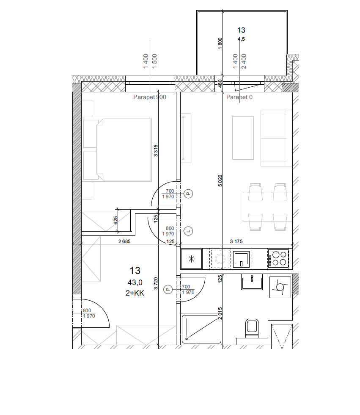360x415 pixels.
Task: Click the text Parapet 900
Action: pyautogui.click(x=150, y=97)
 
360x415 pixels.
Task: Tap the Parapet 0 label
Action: pyautogui.click(x=239, y=97)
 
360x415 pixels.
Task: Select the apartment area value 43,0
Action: pyautogui.click(x=135, y=283)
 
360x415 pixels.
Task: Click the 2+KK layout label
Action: pyautogui.click(x=135, y=293)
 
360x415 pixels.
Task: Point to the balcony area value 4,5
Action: pyautogui.click(x=241, y=39)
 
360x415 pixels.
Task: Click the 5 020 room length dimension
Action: pyautogui.click(x=220, y=181)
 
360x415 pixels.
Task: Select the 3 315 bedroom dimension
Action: pyautogui.click(x=156, y=150)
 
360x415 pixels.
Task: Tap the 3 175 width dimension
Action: pyautogui.click(x=236, y=241)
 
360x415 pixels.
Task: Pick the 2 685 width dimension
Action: pyautogui.click(x=124, y=241)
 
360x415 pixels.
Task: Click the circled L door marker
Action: pyautogui.click(x=188, y=231)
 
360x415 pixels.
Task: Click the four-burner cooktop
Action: pyautogui.click(x=278, y=259)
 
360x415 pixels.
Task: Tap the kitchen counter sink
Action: pyautogui.click(x=241, y=259)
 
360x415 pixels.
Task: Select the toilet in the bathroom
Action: pyautogui.click(x=252, y=328)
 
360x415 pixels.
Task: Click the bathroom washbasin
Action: pyautogui.click(x=252, y=282)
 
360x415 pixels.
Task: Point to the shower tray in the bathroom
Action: pyautogui.click(x=201, y=329)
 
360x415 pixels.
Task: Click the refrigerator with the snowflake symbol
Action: pyautogui.click(x=191, y=259)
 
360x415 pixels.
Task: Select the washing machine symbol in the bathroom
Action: pyautogui.click(x=280, y=287)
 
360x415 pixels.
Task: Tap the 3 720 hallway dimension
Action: pyautogui.click(x=156, y=283)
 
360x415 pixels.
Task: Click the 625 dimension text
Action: pyautogui.click(x=115, y=220)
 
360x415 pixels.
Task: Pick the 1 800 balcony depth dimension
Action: pyautogui.click(x=220, y=43)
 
